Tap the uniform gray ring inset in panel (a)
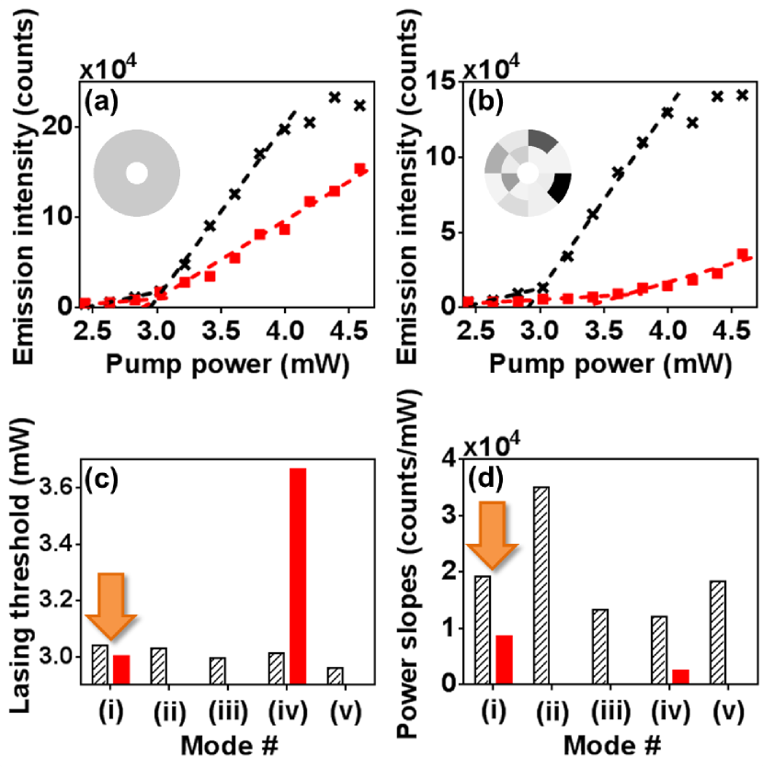click(x=136, y=173)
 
